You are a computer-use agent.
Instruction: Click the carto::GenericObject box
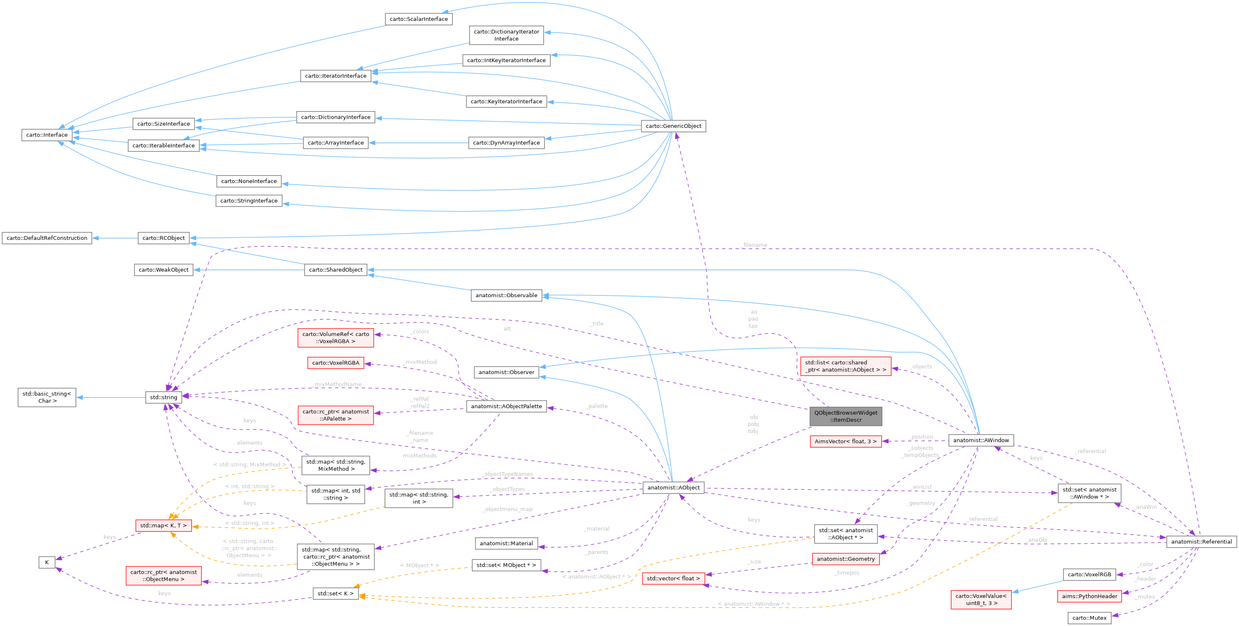[x=673, y=126]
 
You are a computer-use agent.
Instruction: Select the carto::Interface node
[x=47, y=135]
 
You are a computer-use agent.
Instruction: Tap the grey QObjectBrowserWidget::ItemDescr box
[x=845, y=416]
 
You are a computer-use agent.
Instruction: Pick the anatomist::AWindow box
[x=981, y=440]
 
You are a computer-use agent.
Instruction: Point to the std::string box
[x=163, y=397]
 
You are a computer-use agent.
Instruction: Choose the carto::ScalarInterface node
[x=418, y=19]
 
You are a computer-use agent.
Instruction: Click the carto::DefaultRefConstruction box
[x=47, y=238]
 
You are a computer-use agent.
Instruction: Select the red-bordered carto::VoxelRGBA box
[x=335, y=363]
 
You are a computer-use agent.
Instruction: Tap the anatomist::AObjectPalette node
[x=506, y=406]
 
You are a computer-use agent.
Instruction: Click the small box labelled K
[x=47, y=562]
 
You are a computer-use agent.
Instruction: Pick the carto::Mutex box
[x=1089, y=618]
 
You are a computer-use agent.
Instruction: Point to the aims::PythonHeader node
[x=1089, y=596]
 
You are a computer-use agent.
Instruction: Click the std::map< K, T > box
[x=163, y=525]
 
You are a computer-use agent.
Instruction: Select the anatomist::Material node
[x=506, y=543]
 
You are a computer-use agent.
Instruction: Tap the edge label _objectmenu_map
[x=507, y=509]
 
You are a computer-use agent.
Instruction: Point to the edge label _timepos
[x=847, y=573]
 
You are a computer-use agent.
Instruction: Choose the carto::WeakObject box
[x=163, y=270]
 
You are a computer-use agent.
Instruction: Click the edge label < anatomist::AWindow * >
[x=753, y=604]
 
